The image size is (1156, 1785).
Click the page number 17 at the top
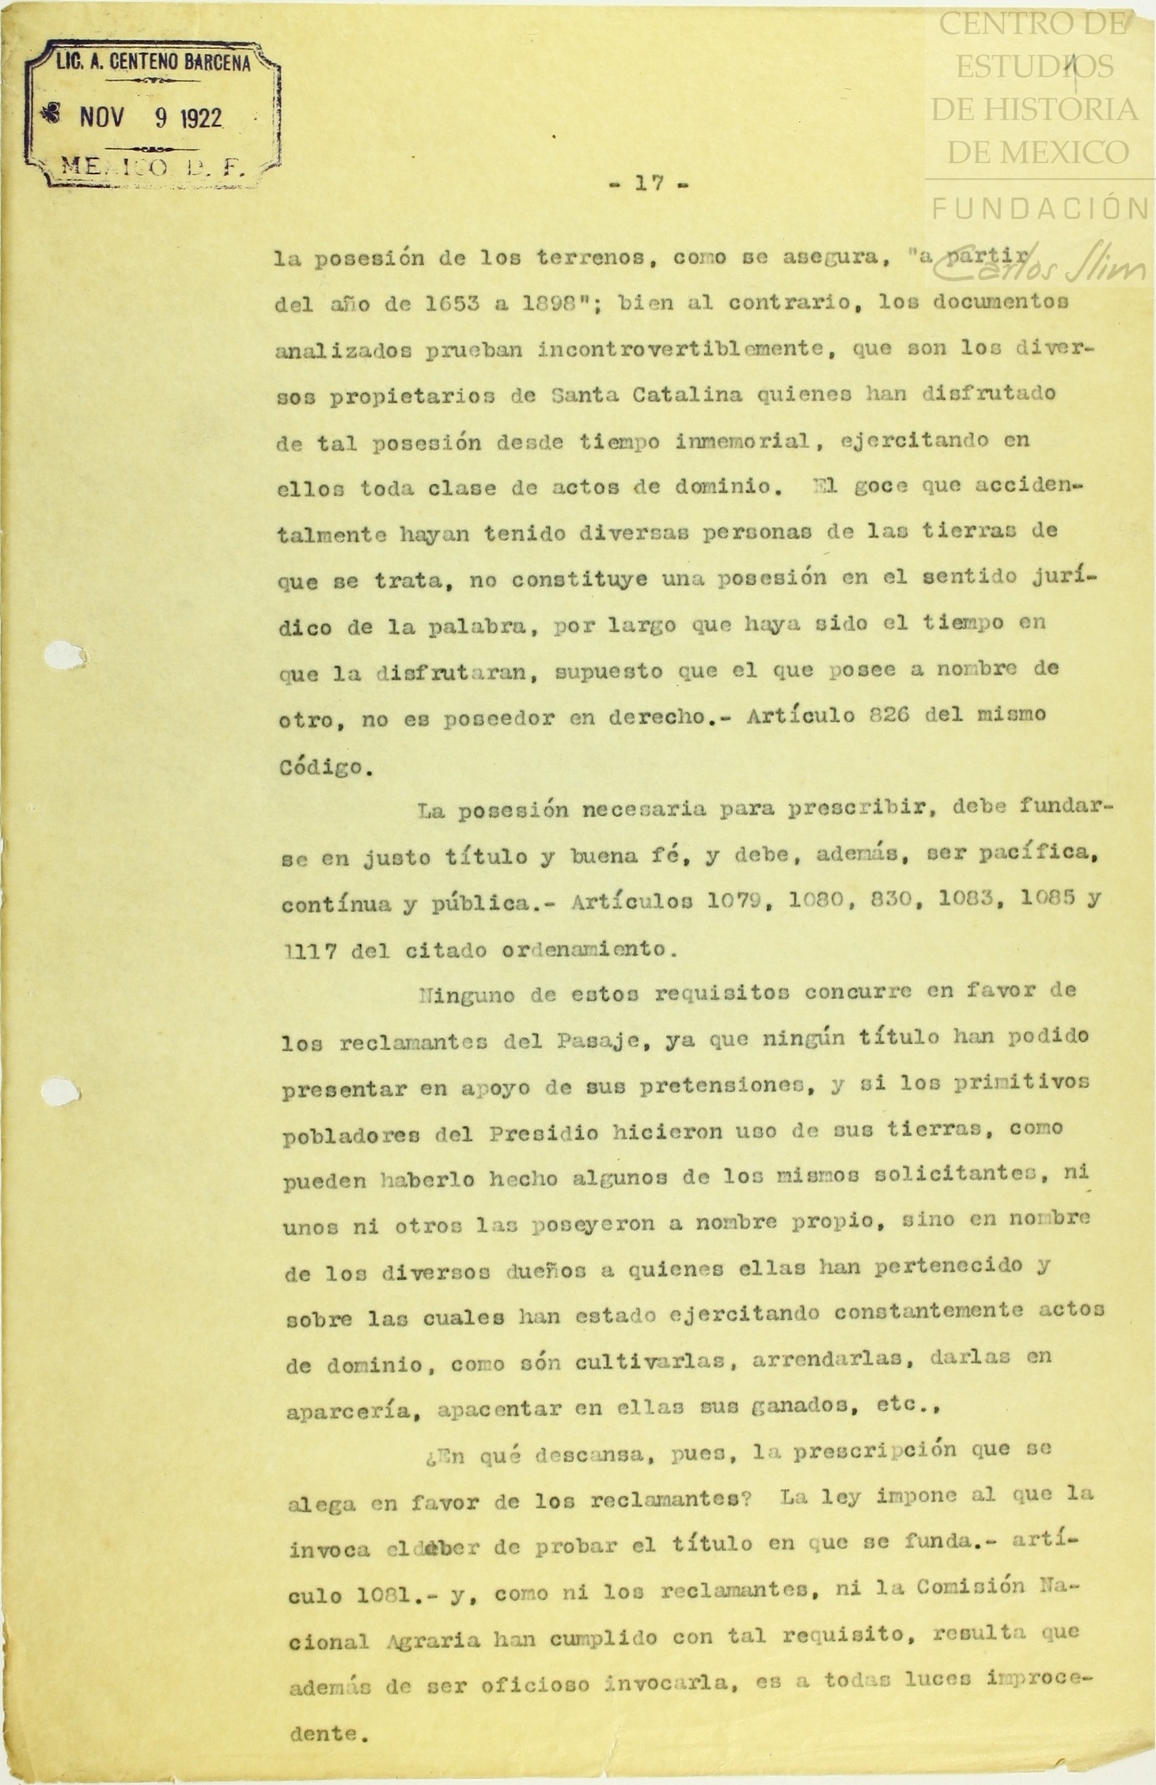pyautogui.click(x=648, y=184)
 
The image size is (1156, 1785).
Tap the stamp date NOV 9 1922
pyautogui.click(x=150, y=118)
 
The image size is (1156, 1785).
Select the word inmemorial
pyautogui.click(x=744, y=441)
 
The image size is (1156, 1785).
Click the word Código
pyautogui.click(x=325, y=767)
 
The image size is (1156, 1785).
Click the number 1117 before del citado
pyautogui.click(x=308, y=949)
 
